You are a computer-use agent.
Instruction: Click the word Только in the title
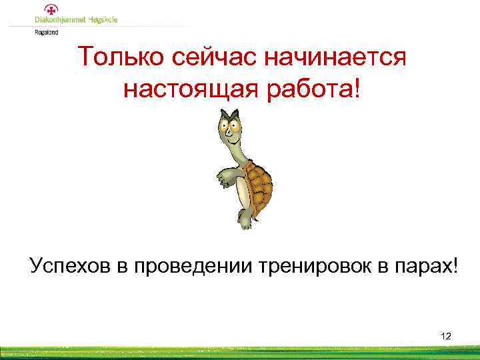(119, 57)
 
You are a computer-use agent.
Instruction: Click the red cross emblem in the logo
(50, 9)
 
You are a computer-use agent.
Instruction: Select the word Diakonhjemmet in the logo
(59, 21)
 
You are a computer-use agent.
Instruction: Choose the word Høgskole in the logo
(101, 21)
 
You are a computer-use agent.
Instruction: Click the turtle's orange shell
(259, 183)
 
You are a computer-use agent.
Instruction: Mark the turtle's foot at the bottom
(245, 219)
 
